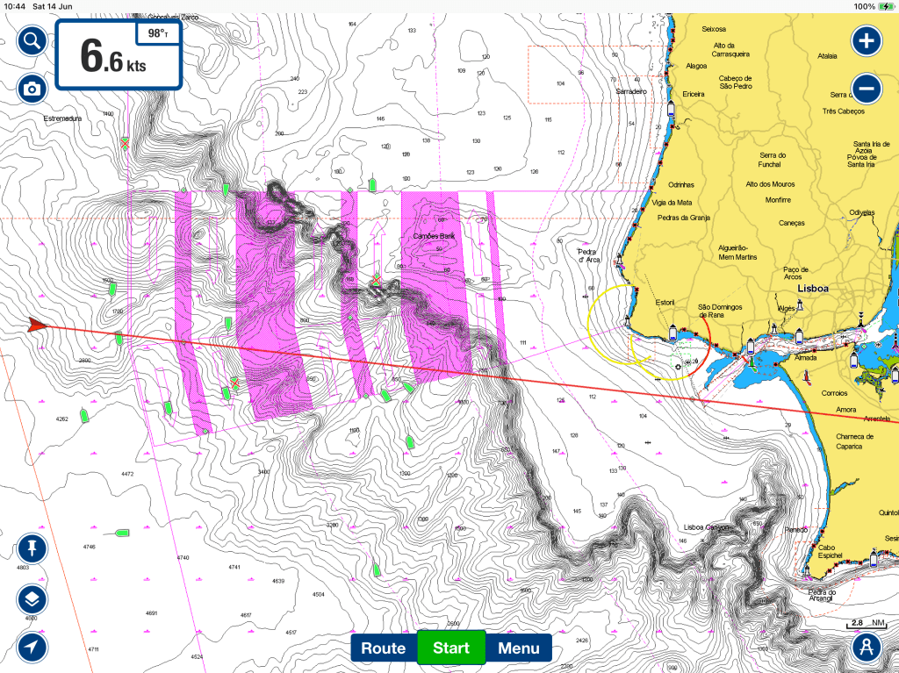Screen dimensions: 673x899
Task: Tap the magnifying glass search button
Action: coord(32,40)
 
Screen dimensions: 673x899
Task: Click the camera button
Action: coord(32,88)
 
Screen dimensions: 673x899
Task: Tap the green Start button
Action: coord(450,648)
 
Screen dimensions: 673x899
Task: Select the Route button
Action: coord(384,648)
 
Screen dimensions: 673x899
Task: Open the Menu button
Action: coord(518,648)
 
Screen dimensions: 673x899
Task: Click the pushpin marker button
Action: coord(32,550)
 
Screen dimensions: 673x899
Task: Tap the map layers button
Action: coord(32,600)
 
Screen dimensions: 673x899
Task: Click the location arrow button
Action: coord(32,648)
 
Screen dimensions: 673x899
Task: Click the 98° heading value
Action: coord(158,34)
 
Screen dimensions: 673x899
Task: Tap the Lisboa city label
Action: coord(813,288)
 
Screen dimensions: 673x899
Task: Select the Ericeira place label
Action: coord(694,93)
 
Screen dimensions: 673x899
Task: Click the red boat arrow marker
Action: coord(36,325)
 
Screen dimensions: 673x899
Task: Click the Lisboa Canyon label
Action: coord(707,527)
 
